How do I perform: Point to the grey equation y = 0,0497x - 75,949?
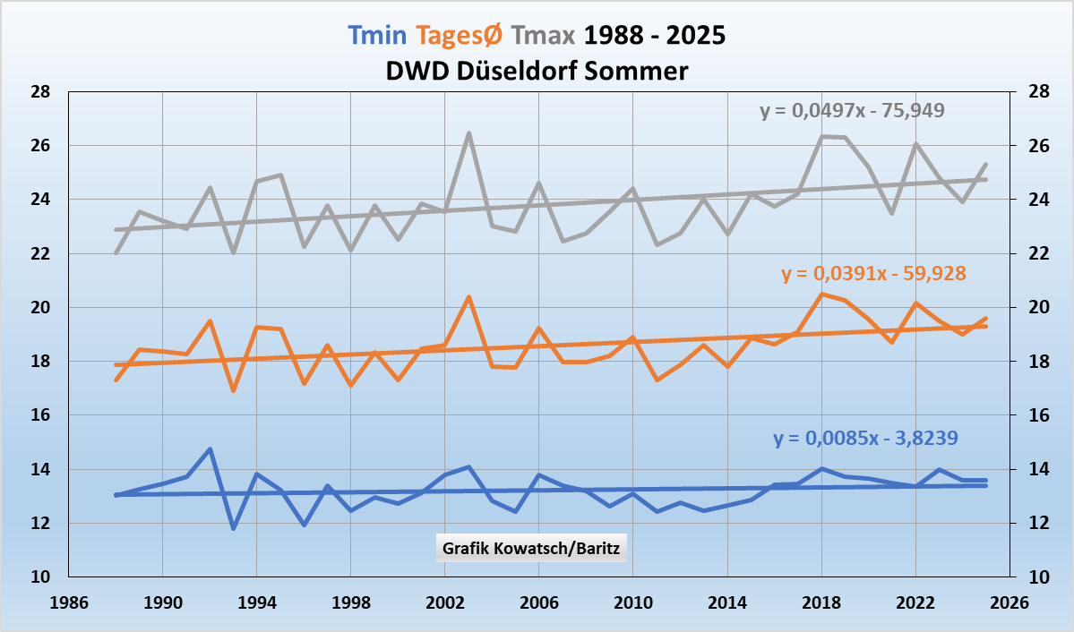click(852, 111)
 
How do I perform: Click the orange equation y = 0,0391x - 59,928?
click(874, 274)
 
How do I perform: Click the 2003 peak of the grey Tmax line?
click(468, 133)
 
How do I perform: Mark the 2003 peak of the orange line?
click(468, 297)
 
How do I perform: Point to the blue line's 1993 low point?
click(234, 528)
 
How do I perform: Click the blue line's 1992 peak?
click(210, 449)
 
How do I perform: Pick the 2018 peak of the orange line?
click(821, 294)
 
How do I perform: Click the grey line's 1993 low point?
click(234, 252)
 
